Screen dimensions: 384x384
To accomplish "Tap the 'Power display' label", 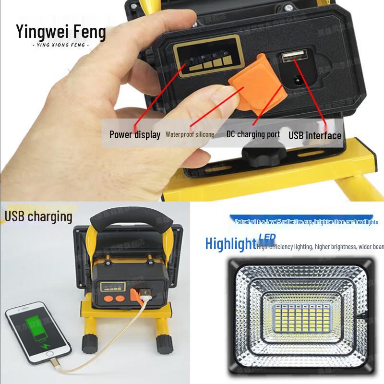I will pyautogui.click(x=135, y=134).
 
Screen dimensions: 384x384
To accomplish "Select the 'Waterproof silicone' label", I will pyautogui.click(x=190, y=134).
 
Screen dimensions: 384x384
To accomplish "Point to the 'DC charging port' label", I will pyautogui.click(x=253, y=134).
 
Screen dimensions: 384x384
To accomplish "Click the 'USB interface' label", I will pyautogui.click(x=315, y=135).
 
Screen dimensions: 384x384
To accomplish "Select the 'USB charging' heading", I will pyautogui.click(x=38, y=216).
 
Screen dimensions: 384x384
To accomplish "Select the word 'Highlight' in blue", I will pyautogui.click(x=230, y=244).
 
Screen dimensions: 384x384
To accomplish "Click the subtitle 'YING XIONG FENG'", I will pyautogui.click(x=60, y=45).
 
